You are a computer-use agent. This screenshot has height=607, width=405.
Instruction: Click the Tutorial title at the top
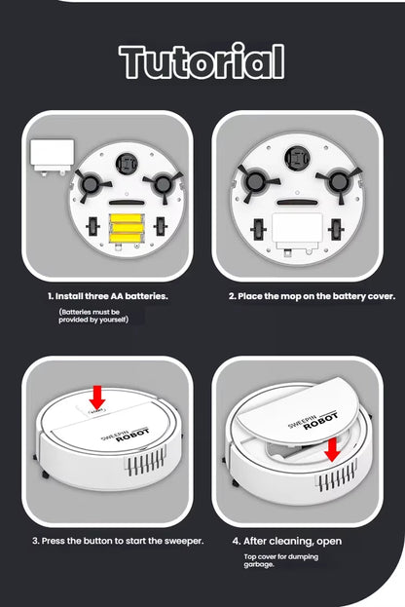click(x=202, y=60)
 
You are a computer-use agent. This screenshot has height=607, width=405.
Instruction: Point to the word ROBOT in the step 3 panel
click(x=132, y=437)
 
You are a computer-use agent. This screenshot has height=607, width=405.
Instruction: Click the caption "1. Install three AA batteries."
click(x=107, y=295)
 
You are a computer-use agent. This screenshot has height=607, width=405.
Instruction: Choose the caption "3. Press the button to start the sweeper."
click(x=118, y=540)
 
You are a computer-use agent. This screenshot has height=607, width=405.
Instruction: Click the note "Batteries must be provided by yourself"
click(x=93, y=316)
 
